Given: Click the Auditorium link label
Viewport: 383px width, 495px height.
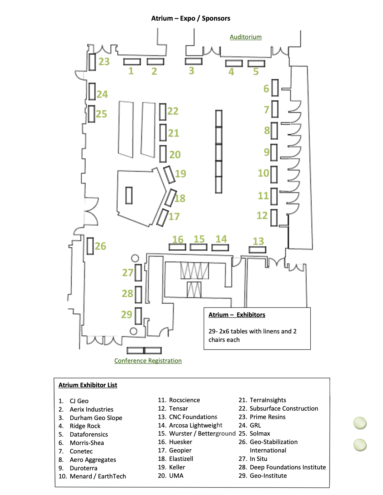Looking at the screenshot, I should [x=246, y=37].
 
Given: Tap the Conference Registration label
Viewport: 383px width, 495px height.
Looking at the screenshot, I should [x=148, y=361].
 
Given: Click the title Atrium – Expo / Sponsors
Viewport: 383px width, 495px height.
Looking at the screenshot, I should [x=191, y=18].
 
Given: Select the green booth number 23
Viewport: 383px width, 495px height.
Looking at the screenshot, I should [x=104, y=62].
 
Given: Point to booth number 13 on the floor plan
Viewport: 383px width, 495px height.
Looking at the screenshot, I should [x=258, y=241].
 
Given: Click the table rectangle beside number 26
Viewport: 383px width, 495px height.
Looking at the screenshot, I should [x=90, y=246].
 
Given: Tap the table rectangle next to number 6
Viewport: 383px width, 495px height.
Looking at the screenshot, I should [x=275, y=88].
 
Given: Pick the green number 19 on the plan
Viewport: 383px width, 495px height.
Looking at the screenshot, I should [x=181, y=173].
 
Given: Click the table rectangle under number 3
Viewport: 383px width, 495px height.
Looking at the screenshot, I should [x=194, y=61].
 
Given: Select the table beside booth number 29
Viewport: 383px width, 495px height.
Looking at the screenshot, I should [x=138, y=316].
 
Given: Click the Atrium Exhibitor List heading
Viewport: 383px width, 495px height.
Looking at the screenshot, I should [x=88, y=385].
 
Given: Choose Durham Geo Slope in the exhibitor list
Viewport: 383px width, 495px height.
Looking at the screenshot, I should [x=96, y=418].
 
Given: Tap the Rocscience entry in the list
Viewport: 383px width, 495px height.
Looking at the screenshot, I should [x=184, y=400].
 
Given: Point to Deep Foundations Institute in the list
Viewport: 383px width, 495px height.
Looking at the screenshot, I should [x=288, y=467].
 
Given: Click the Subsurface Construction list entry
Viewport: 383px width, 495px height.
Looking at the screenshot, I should [x=284, y=408].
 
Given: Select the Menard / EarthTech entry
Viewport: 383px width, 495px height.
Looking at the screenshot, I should [x=98, y=476].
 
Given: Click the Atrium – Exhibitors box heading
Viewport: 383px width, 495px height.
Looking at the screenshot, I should [x=237, y=315].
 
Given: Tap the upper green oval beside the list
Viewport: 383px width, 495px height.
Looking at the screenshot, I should [x=360, y=423].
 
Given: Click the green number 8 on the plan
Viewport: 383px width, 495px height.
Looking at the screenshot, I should [x=267, y=130].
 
